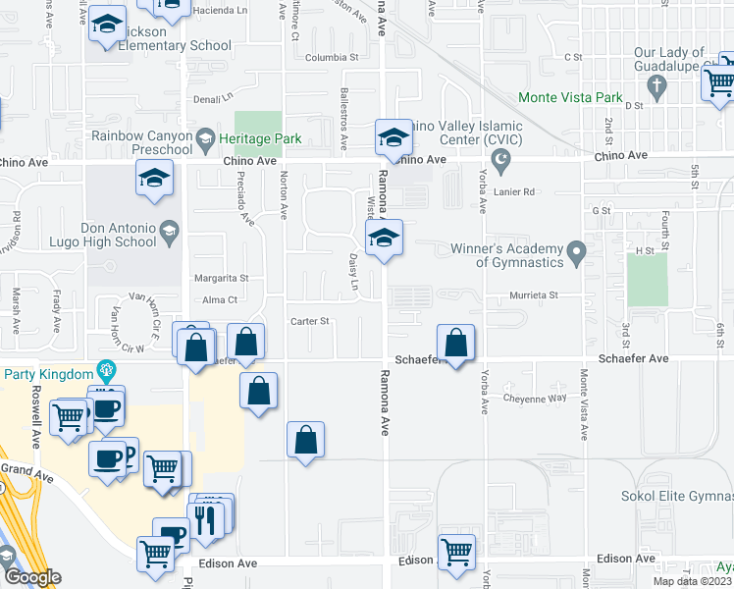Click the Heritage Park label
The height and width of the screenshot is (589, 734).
[x=260, y=138]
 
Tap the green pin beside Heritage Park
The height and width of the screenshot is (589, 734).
[x=205, y=138]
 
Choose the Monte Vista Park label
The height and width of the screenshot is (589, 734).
[x=570, y=98]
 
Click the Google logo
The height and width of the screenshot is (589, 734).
[x=31, y=577]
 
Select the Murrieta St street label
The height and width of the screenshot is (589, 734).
[x=533, y=295]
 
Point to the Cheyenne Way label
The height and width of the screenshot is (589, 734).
[x=535, y=398]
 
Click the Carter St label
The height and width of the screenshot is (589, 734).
[x=310, y=321]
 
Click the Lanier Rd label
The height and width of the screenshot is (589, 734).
[x=514, y=192]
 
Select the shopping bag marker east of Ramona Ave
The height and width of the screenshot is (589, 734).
[x=455, y=344]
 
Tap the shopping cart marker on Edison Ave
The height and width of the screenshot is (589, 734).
[x=457, y=553]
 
